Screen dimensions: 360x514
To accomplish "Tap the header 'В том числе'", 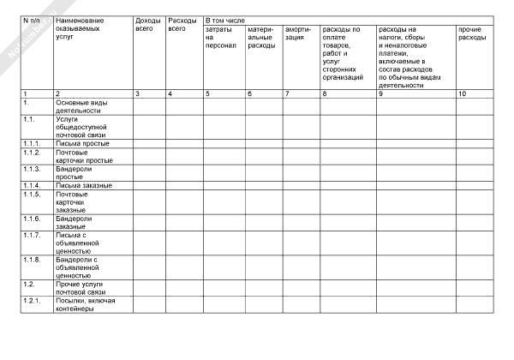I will point(225,18).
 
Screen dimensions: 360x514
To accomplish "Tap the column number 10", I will point(463,93).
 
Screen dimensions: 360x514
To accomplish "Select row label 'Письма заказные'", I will point(83,185).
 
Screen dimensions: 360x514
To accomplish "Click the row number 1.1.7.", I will point(33,234).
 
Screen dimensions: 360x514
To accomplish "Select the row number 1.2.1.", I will point(33,301).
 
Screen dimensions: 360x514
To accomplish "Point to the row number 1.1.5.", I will point(33,194).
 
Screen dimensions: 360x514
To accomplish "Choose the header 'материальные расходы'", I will point(262,39).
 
